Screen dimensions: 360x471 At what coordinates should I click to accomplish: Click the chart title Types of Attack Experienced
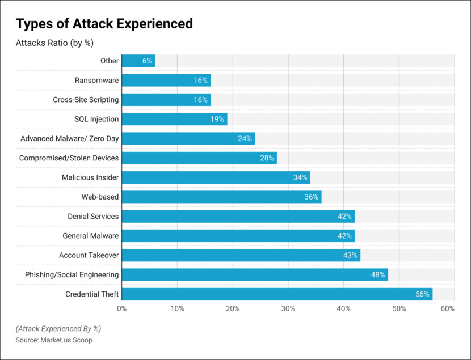point(104,24)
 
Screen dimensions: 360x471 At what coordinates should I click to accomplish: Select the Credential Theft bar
point(277,294)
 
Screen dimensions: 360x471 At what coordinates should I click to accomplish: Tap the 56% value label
point(422,294)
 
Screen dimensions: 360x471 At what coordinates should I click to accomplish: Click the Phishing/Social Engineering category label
point(72,275)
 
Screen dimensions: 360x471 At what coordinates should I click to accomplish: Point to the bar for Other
point(138,61)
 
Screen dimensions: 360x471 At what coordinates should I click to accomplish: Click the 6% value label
point(147,61)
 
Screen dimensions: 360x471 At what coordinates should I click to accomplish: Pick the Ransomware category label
point(96,81)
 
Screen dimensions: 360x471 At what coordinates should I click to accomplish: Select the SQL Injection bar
point(174,119)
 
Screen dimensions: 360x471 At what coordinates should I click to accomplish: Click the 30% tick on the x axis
point(288,309)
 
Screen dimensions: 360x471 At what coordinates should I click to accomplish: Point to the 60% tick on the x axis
point(447,309)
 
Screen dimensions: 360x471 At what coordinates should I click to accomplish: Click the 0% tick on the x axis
point(121,309)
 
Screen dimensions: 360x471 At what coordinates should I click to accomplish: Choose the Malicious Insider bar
point(216,177)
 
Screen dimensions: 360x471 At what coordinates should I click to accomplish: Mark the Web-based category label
point(100,197)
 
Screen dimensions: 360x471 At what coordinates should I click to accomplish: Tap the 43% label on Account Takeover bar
point(350,256)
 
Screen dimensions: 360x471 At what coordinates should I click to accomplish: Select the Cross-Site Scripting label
point(86,100)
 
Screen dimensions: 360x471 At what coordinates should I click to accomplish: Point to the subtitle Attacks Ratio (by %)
point(54,43)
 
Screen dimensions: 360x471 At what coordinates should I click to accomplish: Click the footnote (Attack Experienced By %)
point(58,329)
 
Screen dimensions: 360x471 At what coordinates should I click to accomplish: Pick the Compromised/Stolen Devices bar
point(199,158)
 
